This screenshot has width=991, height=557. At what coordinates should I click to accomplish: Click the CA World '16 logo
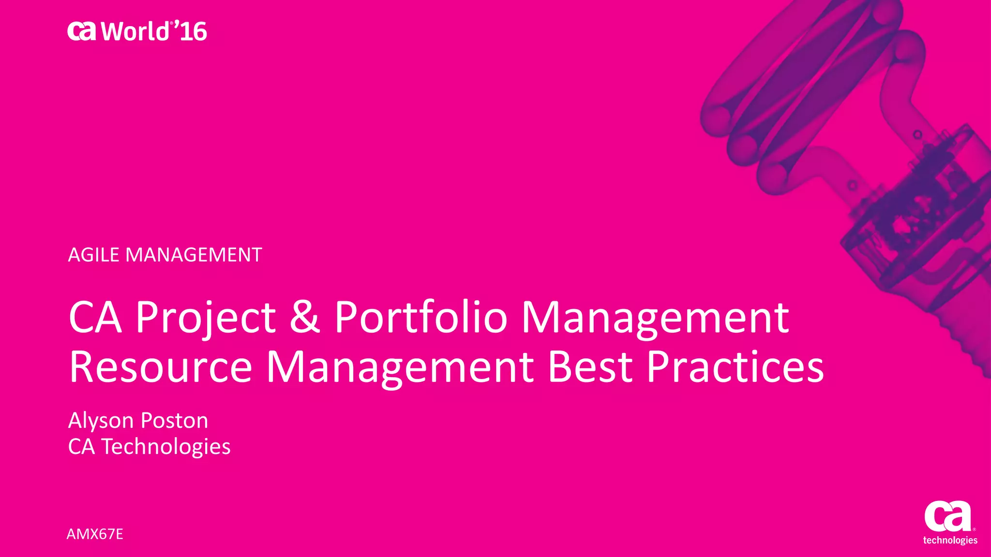pyautogui.click(x=137, y=31)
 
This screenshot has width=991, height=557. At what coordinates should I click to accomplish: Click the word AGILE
pyautogui.click(x=93, y=255)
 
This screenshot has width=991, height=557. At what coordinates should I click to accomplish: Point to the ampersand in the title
pyautogui.click(x=304, y=317)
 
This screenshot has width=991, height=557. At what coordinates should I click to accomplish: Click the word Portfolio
pyautogui.click(x=420, y=317)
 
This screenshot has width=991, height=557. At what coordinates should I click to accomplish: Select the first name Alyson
pyautogui.click(x=101, y=421)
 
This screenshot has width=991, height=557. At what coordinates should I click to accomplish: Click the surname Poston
pyautogui.click(x=174, y=421)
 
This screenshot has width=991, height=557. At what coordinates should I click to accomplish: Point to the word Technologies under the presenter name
pyautogui.click(x=166, y=447)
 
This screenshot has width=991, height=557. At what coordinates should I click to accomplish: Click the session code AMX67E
pyautogui.click(x=95, y=534)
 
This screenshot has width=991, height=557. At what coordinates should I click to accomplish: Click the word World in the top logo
pyautogui.click(x=135, y=32)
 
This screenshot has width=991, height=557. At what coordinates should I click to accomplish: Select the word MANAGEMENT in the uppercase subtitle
pyautogui.click(x=194, y=255)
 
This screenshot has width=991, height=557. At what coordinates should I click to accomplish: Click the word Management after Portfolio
pyautogui.click(x=655, y=317)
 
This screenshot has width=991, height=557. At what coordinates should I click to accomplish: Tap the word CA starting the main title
pyautogui.click(x=95, y=317)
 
